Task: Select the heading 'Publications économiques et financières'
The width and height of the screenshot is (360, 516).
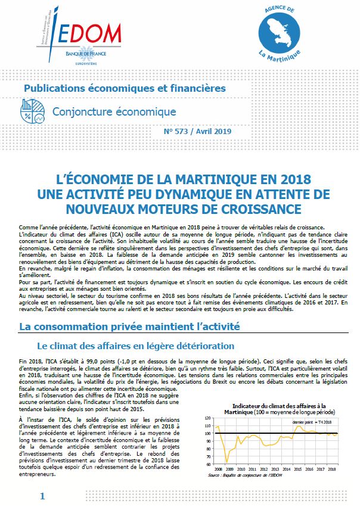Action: pyautogui.click(x=125, y=88)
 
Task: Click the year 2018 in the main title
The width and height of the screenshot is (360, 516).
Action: pyautogui.click(x=284, y=179)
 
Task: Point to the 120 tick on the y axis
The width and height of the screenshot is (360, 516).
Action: pyautogui.click(x=208, y=417)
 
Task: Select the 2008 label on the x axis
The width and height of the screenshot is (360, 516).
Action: pyautogui.click(x=218, y=470)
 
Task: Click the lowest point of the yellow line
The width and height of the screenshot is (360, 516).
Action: pyautogui.click(x=227, y=462)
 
